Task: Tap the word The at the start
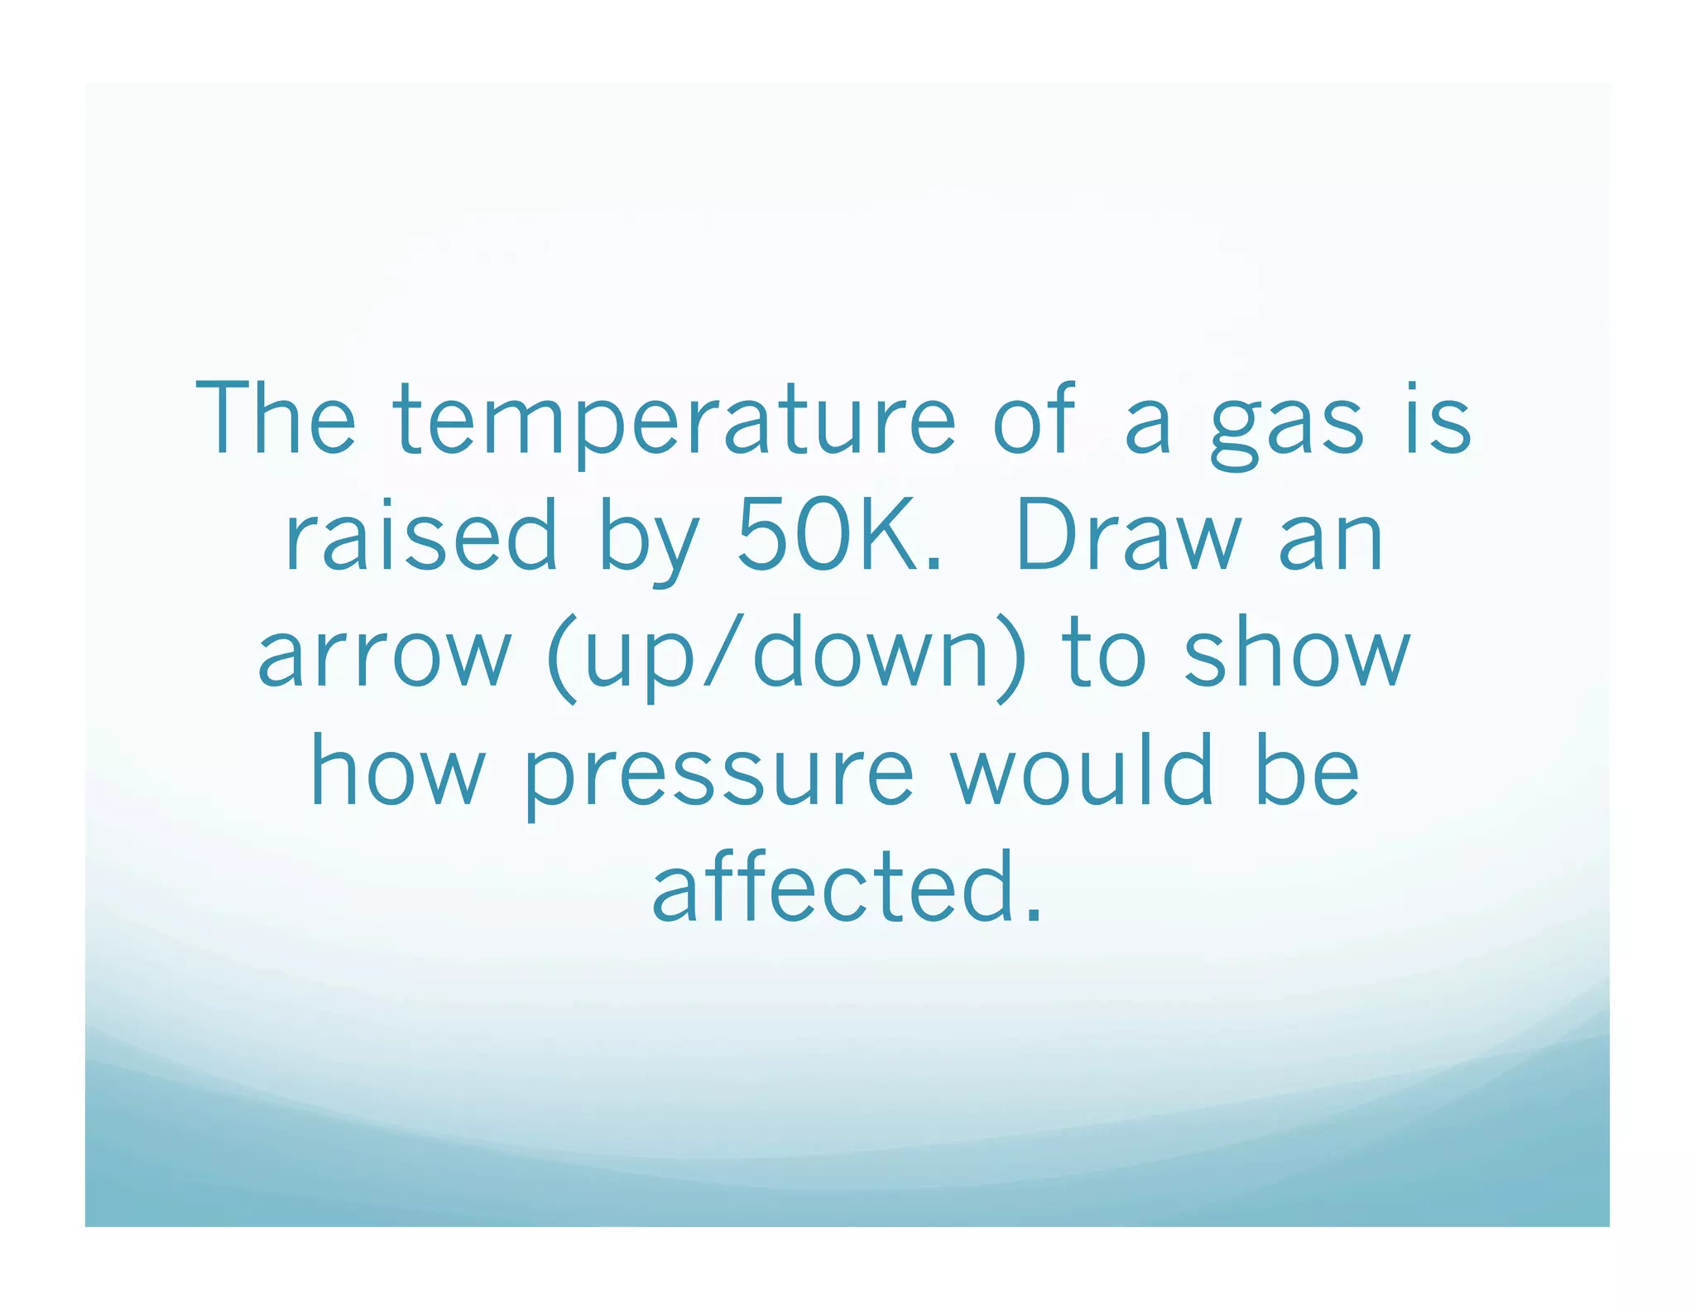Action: coord(276,418)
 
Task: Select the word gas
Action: coord(1285,424)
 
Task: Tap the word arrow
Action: coord(385,654)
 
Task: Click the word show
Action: coord(1296,654)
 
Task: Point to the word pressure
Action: coord(718,774)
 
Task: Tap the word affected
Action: coord(832,888)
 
